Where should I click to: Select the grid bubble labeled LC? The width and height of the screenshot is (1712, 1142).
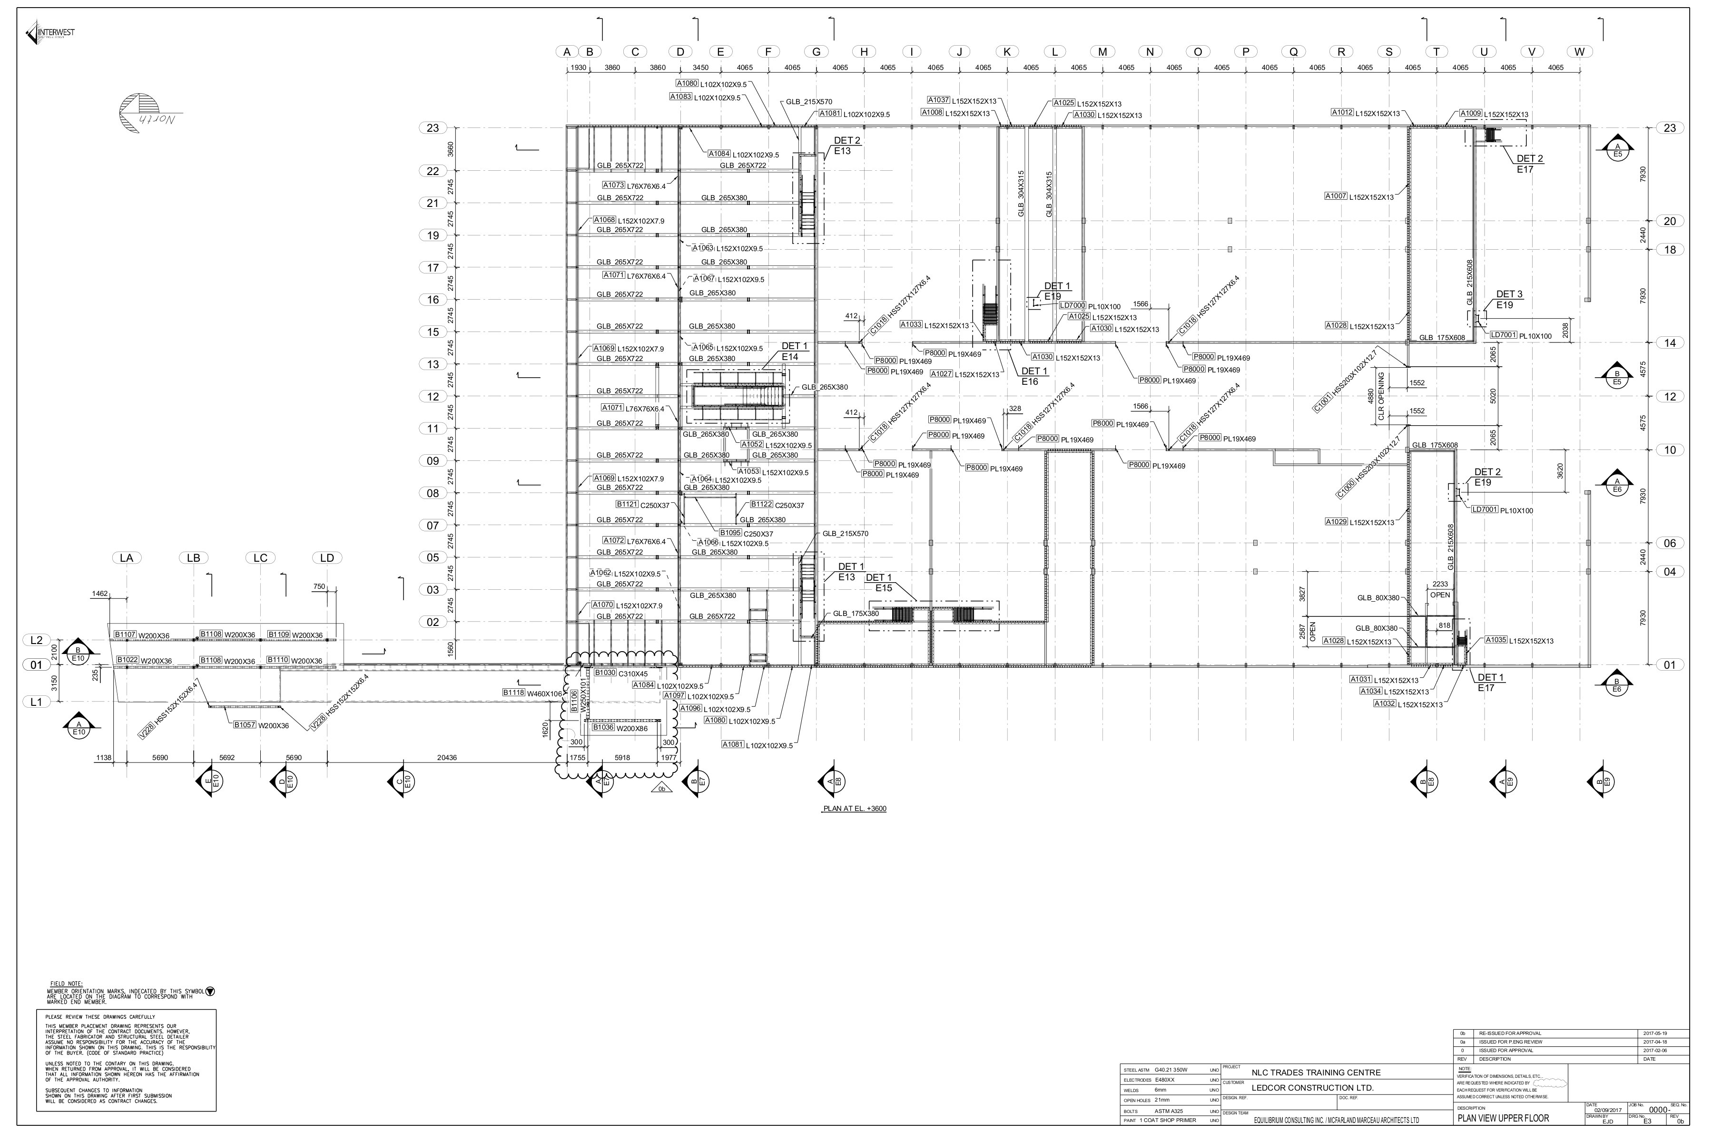click(x=260, y=558)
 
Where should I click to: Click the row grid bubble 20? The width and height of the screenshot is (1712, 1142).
click(x=1670, y=222)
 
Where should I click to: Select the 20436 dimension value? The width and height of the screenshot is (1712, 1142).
click(x=447, y=758)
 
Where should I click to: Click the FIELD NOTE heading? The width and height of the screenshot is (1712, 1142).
click(x=66, y=984)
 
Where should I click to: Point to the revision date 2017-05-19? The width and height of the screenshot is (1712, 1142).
click(x=1655, y=1034)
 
